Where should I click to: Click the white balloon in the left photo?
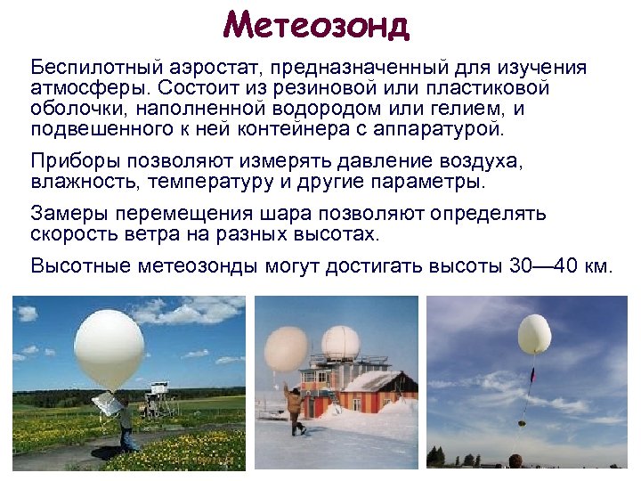tap(109, 352)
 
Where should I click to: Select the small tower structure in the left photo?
tap(159, 399)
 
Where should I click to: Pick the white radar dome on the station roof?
tap(339, 343)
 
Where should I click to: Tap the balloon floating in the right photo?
tap(534, 333)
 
